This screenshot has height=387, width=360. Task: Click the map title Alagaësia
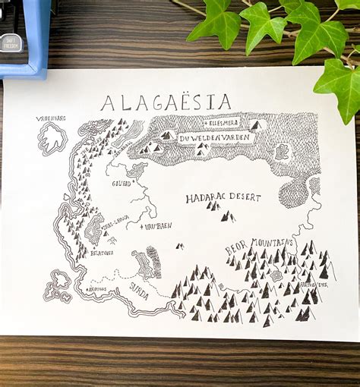click(x=166, y=102)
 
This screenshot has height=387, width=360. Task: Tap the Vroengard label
click(x=51, y=118)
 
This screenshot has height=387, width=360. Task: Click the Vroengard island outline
click(x=52, y=138)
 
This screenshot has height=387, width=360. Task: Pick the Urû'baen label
click(x=158, y=225)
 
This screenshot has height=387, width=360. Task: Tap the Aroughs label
click(x=97, y=288)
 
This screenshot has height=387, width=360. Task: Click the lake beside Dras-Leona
click(x=93, y=228)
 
